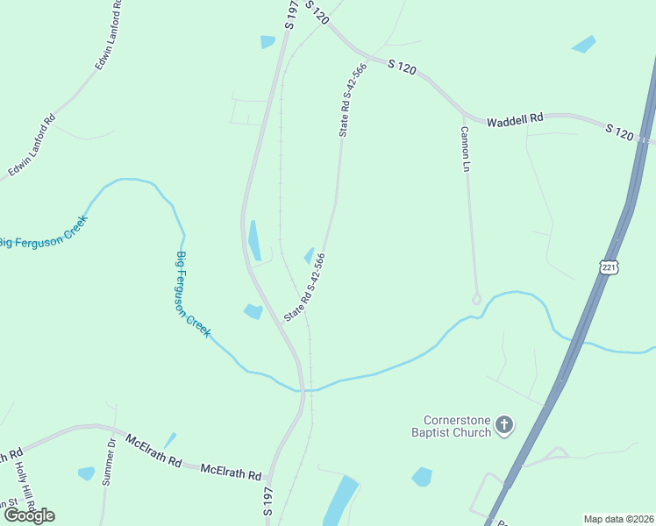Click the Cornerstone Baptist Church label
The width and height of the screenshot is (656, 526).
point(451,424)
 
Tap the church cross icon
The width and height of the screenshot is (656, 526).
point(503,425)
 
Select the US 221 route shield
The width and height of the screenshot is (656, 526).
point(610,266)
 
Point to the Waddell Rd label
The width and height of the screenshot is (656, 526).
point(516,117)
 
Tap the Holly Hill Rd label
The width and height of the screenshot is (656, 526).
point(18,481)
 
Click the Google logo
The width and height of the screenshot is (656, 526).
point(29,515)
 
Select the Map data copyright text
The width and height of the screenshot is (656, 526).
point(619,518)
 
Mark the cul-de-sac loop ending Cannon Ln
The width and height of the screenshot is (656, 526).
point(476,299)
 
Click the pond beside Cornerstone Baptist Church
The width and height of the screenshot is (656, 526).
point(422,477)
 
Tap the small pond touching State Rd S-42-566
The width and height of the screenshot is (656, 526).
point(309,255)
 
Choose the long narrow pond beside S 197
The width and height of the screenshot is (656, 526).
point(254,240)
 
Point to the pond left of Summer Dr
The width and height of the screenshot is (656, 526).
point(86,473)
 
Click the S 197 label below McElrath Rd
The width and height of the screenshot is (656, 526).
point(267,500)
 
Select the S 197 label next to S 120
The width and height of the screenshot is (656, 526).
point(291,16)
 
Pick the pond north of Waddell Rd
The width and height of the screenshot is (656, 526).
point(583,44)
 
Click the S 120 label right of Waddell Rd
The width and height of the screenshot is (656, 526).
point(619,131)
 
